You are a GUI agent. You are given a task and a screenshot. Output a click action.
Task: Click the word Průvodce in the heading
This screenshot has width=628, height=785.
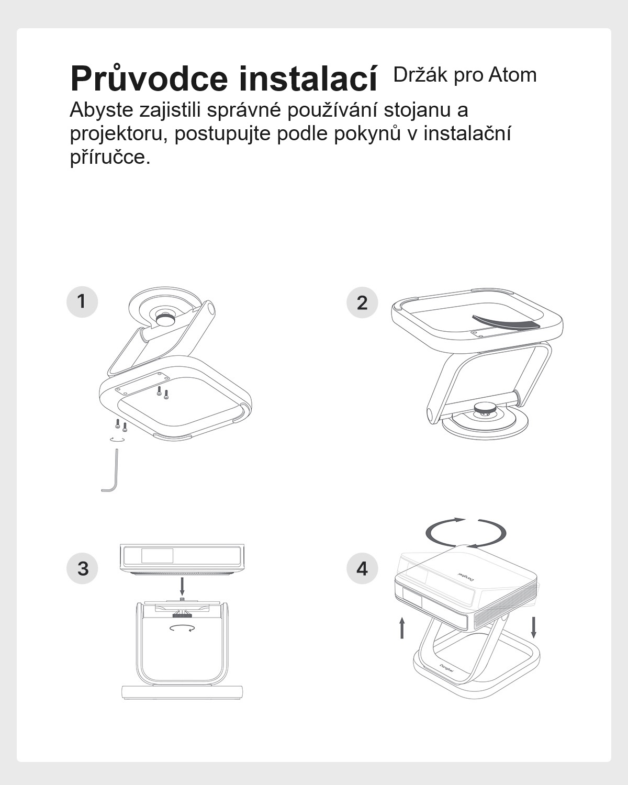[149, 78]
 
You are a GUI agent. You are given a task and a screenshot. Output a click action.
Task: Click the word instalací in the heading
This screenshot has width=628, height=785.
[308, 77]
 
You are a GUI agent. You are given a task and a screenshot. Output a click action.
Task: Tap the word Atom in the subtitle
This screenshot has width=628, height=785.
[512, 75]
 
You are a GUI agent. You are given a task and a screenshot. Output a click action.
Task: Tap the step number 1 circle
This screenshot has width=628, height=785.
[82, 301]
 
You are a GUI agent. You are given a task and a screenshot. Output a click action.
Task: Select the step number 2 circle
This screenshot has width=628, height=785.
[362, 302]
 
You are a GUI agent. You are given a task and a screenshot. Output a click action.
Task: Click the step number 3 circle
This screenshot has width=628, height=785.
[82, 568]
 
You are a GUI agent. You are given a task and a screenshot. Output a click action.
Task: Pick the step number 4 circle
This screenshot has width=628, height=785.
[362, 568]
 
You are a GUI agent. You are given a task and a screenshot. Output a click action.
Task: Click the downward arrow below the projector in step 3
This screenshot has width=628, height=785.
[182, 586]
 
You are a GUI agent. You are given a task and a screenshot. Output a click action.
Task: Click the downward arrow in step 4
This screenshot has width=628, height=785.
[533, 627]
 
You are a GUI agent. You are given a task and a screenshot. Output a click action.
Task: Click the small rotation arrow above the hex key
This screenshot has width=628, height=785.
[117, 440]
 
